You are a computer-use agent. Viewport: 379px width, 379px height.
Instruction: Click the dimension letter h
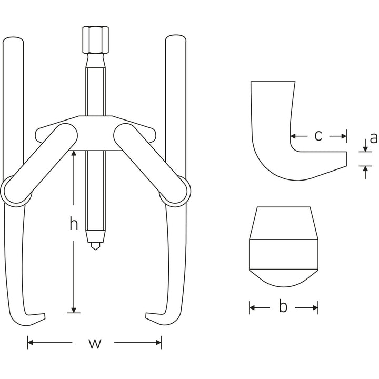point(74,225)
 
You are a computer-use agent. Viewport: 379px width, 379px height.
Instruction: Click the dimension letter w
point(94,344)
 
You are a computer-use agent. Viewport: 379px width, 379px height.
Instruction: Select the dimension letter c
point(318,136)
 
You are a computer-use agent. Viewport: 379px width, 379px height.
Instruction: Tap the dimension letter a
point(373,138)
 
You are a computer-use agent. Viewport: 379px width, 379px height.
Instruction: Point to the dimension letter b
point(283,307)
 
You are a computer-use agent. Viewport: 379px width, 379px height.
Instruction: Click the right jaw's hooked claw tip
point(149,317)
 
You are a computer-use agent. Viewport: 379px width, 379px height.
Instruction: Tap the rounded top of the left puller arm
point(13,42)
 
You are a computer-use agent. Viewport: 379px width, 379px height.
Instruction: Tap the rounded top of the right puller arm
point(175,42)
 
